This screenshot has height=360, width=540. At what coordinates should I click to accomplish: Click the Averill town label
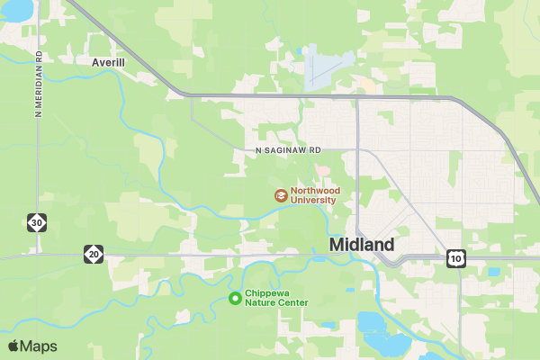(x=109, y=63)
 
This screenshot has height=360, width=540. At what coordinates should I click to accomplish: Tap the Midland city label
(x=362, y=245)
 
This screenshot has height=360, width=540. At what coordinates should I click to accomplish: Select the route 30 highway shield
(x=36, y=221)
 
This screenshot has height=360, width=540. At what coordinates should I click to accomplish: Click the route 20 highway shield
(x=94, y=255)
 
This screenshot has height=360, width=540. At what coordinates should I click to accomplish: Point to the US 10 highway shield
(x=456, y=258)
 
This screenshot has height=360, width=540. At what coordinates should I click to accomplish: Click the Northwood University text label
(x=312, y=195)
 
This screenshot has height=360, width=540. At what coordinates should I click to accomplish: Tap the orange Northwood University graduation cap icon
(x=281, y=195)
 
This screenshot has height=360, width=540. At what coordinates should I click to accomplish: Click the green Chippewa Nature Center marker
(x=236, y=298)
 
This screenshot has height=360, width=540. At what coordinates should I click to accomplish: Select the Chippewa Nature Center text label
(x=276, y=298)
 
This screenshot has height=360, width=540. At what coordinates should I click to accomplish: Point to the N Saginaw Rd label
(x=288, y=151)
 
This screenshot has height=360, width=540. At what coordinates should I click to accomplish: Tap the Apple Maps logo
(x=32, y=346)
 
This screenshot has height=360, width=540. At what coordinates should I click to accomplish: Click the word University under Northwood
(x=313, y=201)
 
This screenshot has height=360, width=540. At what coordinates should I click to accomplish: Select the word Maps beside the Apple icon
(x=39, y=346)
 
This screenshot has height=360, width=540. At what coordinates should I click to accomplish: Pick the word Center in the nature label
(x=292, y=303)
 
